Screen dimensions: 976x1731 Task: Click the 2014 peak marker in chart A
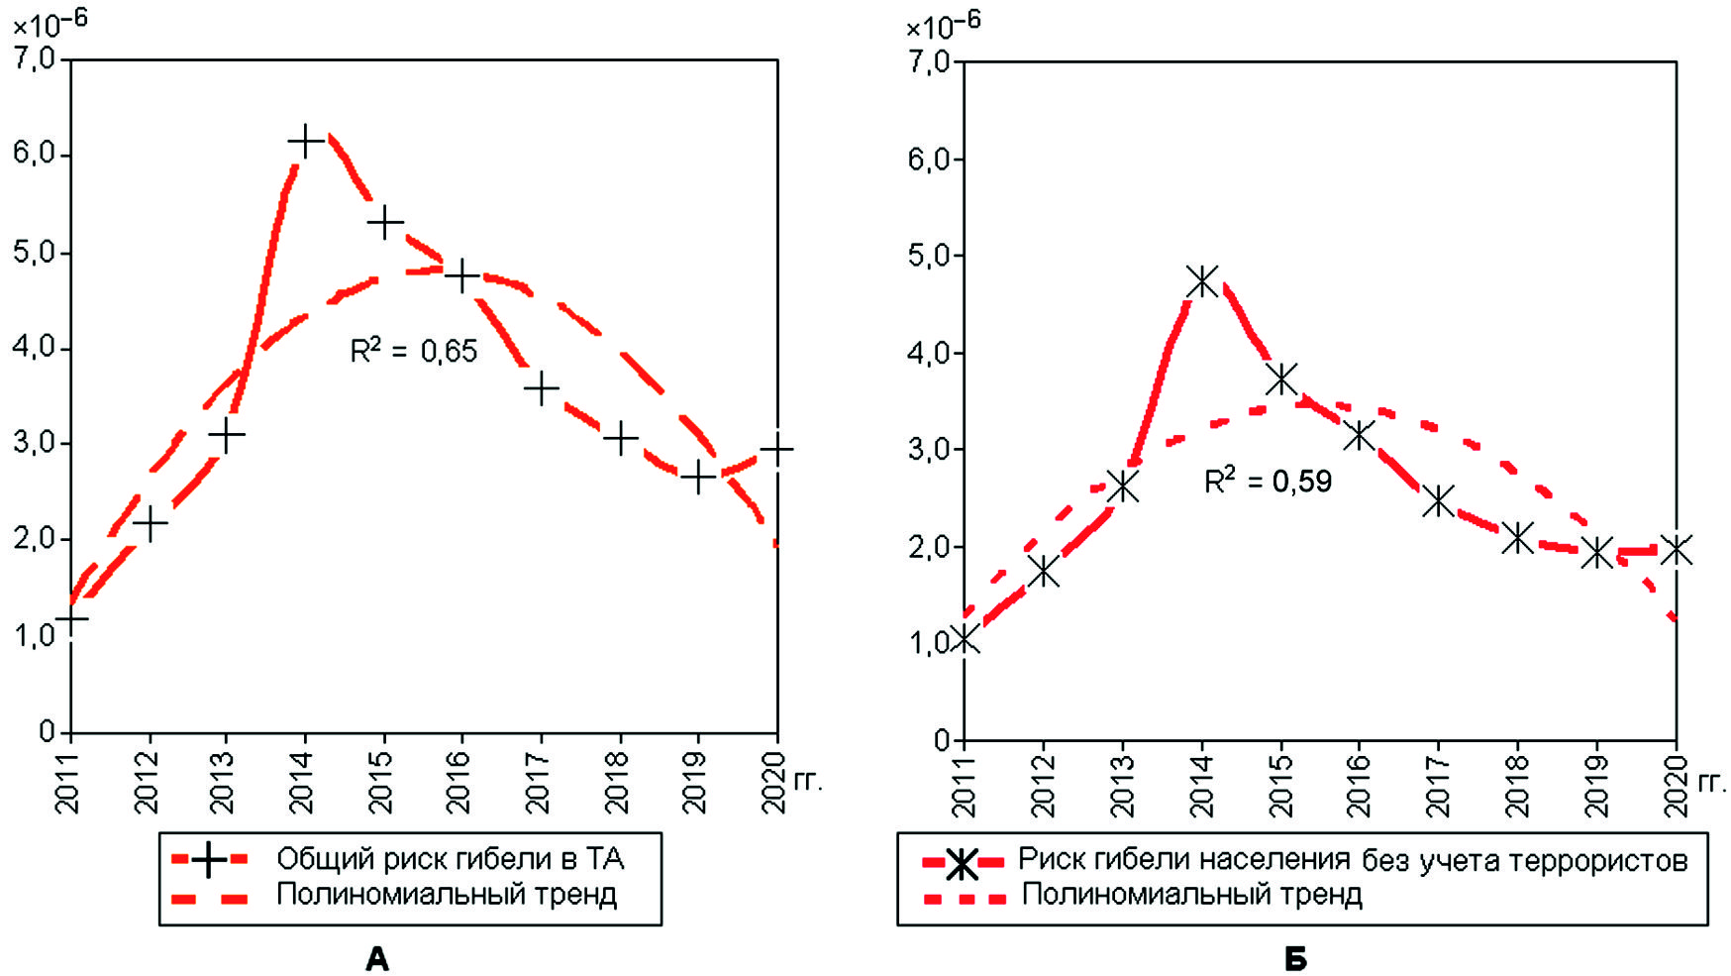[305, 141]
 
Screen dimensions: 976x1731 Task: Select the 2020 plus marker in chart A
[777, 449]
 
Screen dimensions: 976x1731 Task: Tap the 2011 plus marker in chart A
[71, 618]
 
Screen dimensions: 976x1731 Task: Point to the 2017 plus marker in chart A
[541, 388]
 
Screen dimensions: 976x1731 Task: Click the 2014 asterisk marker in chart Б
[1202, 281]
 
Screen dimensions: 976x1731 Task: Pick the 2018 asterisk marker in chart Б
[1517, 538]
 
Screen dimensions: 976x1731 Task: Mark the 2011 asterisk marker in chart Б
[965, 639]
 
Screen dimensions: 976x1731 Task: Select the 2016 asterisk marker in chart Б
[1360, 434]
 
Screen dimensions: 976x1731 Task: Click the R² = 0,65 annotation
[413, 351]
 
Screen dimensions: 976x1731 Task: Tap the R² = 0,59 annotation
[1268, 482]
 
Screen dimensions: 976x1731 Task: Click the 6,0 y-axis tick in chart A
[35, 156]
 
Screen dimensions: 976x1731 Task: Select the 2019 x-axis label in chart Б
[1595, 785]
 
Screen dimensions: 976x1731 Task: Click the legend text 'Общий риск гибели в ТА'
[450, 858]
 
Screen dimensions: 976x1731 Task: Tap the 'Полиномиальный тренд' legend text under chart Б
[1191, 895]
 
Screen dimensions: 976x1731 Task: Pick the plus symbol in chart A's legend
[208, 859]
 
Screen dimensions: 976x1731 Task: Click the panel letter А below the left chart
[377, 959]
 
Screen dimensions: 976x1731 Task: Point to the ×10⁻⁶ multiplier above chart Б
[943, 26]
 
